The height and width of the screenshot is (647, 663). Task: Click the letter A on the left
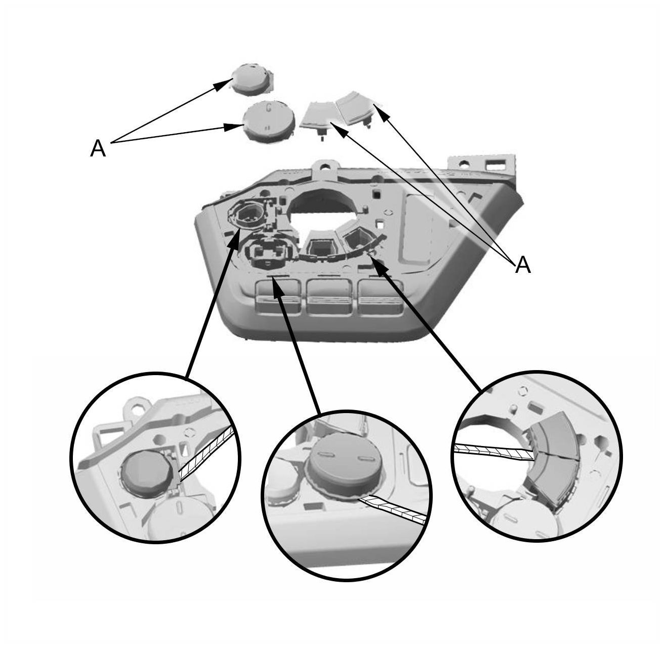[x=98, y=149]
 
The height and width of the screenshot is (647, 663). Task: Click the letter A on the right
[x=523, y=265]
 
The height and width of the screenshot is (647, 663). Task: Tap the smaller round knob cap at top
[x=253, y=79]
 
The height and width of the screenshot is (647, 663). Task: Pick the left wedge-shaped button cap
[x=317, y=117]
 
